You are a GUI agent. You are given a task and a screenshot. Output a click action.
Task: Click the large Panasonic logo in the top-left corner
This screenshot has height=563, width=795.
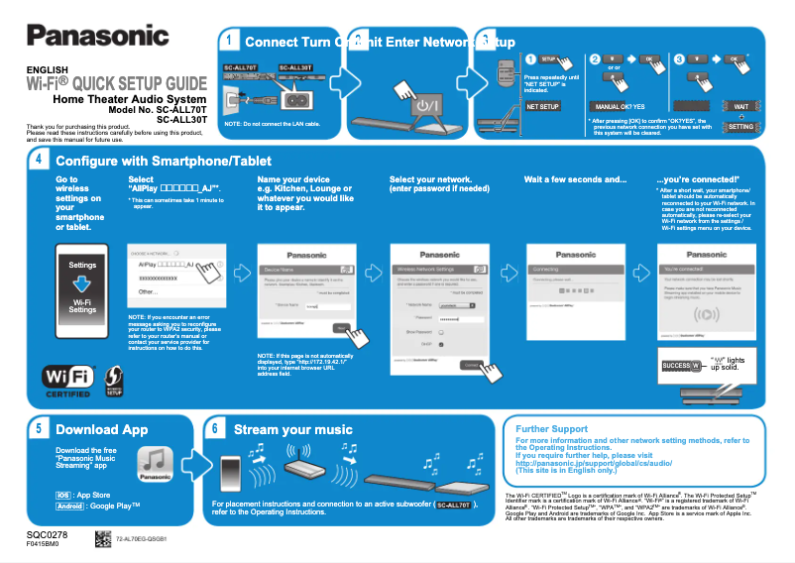(x=97, y=36)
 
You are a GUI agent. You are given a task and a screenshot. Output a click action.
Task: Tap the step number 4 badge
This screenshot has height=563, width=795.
(x=38, y=160)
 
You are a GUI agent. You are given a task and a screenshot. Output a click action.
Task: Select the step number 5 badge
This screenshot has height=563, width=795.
(x=38, y=429)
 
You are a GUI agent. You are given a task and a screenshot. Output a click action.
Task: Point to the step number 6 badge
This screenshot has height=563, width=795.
(x=215, y=429)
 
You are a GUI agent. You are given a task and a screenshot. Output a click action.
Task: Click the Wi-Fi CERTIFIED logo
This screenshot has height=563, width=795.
(x=67, y=382)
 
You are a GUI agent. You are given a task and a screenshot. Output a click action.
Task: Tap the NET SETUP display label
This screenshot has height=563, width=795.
(x=542, y=105)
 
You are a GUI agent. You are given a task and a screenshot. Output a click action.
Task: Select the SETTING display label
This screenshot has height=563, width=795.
(x=740, y=127)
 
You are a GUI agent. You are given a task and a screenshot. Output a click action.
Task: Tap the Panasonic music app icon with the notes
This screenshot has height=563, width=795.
(x=156, y=464)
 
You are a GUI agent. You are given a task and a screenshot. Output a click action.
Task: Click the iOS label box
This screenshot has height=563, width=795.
(x=62, y=494)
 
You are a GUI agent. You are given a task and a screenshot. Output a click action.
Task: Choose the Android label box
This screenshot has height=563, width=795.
(x=69, y=506)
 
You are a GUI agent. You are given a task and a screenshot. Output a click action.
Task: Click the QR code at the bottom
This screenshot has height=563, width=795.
(x=102, y=539)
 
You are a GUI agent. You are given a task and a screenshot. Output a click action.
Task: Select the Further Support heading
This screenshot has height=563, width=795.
(x=552, y=429)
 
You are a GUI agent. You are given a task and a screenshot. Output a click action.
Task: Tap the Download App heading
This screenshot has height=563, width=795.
(x=101, y=430)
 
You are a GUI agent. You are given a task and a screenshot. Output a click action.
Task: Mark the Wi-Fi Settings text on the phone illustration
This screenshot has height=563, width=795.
(x=82, y=305)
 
